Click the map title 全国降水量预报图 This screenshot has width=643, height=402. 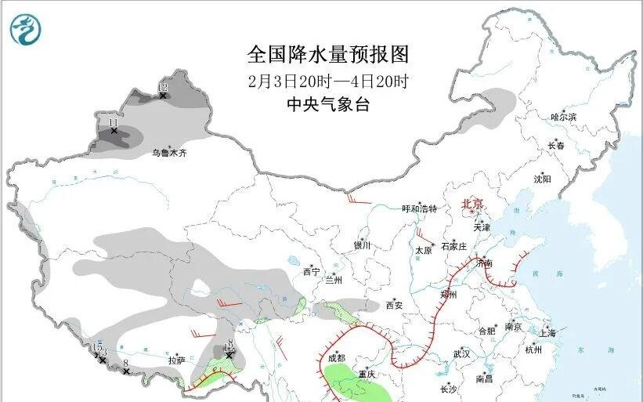328,54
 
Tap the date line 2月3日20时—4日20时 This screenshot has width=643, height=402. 328,80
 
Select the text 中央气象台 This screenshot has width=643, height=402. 328,104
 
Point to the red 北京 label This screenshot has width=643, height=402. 472,202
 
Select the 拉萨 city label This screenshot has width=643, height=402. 176,360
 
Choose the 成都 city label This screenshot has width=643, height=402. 336,357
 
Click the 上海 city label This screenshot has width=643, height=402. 547,333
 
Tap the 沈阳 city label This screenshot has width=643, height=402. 542,179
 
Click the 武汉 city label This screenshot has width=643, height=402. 461,354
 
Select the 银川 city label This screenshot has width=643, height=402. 361,245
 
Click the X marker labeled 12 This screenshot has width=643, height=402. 163,96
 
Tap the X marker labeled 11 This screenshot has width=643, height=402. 114,131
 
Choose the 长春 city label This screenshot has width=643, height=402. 556,146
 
